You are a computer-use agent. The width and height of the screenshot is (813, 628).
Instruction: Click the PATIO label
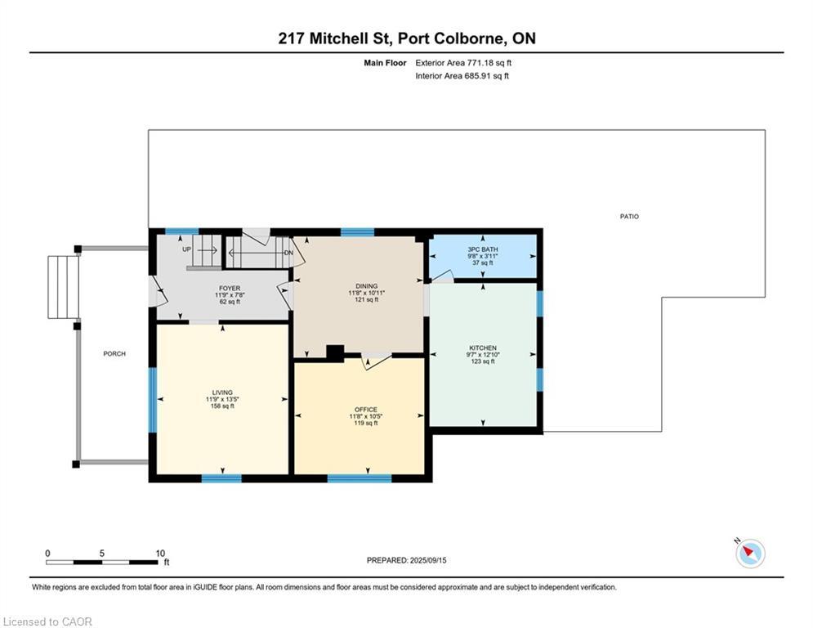(x=628, y=217)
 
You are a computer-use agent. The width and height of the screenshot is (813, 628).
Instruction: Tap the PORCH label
(x=114, y=353)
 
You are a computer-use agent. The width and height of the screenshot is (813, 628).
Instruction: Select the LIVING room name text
(x=221, y=392)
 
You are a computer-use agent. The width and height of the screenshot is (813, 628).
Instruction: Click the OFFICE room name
(x=365, y=410)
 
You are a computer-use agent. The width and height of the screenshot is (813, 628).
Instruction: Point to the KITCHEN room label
(x=483, y=348)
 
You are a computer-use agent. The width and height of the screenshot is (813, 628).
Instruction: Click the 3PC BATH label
(x=483, y=249)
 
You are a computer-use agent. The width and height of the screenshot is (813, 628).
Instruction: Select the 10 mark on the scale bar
(x=160, y=553)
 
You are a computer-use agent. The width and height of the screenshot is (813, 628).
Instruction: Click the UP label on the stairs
(x=186, y=249)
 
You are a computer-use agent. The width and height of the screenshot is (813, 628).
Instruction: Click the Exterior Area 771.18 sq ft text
(x=463, y=62)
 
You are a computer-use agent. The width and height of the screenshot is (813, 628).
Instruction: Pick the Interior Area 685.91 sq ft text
(x=462, y=76)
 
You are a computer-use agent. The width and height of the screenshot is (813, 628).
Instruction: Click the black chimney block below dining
(x=334, y=353)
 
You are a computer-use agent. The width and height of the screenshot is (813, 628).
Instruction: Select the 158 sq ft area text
(x=221, y=406)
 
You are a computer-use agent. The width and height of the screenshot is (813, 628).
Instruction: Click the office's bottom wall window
(x=360, y=478)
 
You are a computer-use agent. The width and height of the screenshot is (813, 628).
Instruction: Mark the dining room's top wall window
(x=357, y=232)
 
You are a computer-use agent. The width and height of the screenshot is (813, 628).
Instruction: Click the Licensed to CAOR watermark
(x=47, y=621)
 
